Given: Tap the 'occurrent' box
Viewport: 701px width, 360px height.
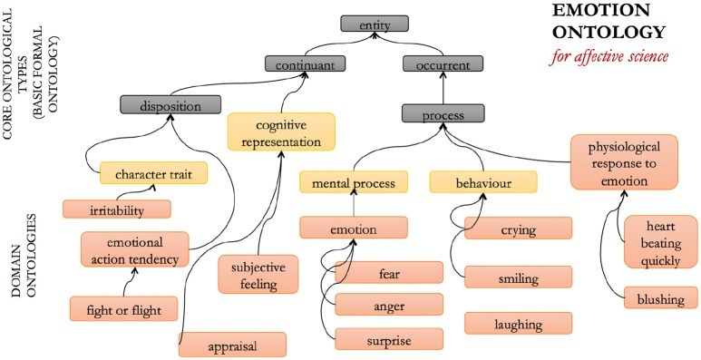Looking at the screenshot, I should (x=443, y=64).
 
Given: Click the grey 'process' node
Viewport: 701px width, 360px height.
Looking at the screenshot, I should (x=443, y=115).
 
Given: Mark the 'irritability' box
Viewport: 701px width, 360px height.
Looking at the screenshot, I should (x=116, y=209).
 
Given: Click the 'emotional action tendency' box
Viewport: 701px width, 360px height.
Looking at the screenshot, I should (x=134, y=249).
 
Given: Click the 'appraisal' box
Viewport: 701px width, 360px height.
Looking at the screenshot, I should (x=232, y=345).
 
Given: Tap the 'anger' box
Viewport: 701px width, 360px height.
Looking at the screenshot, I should (x=389, y=304).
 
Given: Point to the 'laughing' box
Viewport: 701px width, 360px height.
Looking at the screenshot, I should (x=518, y=323).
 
